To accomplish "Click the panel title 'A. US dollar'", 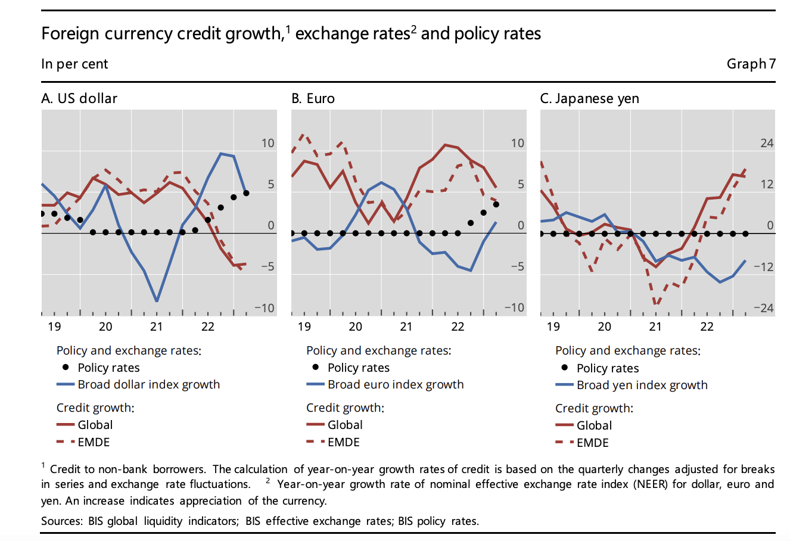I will point(79,98).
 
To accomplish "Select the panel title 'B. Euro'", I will point(313,98).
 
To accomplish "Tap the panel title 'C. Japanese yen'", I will point(589,98).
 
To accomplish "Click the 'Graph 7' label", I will point(751,64).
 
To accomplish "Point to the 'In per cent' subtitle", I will point(74,64).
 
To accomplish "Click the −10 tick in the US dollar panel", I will point(265,308).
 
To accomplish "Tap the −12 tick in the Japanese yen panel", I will point(763,267).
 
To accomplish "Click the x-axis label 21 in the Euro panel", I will point(406,327).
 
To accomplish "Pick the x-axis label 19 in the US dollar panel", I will point(54,327).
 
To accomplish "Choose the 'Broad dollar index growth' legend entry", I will point(148,384).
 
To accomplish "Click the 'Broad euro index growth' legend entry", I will point(396,384).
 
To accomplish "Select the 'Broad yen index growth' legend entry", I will point(642,385).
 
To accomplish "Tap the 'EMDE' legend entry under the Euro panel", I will point(344,442).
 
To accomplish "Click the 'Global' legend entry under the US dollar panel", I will point(95,425).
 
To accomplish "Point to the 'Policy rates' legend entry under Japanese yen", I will point(608,368).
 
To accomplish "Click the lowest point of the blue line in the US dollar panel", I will point(157,301).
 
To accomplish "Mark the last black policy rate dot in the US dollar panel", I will point(246,193).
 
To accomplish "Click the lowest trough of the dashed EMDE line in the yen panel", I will point(656,304).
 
